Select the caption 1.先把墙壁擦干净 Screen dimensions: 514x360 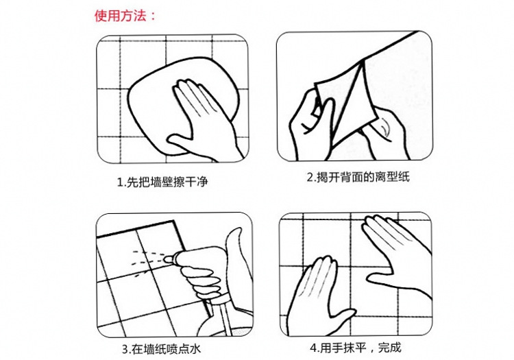coord(162,182)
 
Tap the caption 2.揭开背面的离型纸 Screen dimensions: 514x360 coord(358,178)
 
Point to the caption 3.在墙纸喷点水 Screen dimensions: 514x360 coord(161,349)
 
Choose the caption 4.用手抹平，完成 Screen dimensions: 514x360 coord(356,348)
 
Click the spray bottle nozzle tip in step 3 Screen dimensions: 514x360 coord(167,260)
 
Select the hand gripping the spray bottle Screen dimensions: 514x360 coord(200,282)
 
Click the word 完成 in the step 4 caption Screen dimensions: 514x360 coord(390,348)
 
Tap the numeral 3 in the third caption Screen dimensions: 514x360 coord(125,350)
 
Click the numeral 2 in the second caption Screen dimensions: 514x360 coord(310,178)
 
